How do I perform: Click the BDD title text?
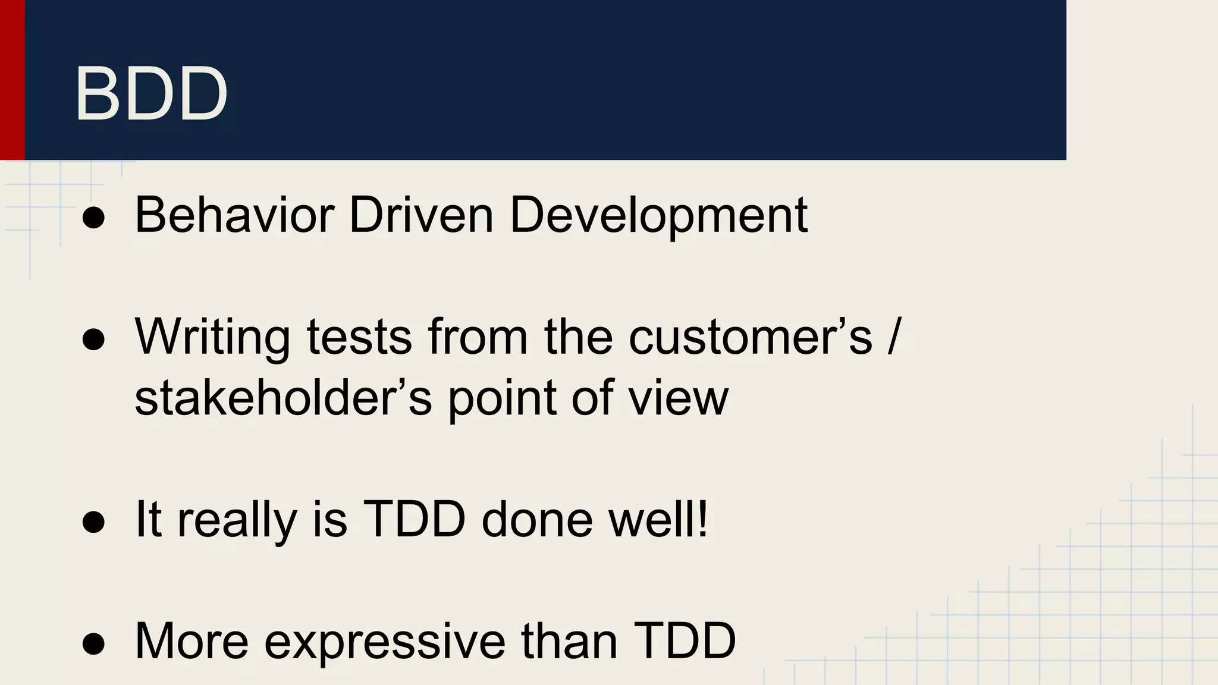click(151, 94)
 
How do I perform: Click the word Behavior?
click(234, 215)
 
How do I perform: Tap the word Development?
click(658, 215)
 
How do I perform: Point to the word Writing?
click(212, 337)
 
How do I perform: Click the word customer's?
click(750, 337)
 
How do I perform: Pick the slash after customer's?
click(893, 337)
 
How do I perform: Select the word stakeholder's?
click(283, 398)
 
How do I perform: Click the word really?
click(237, 520)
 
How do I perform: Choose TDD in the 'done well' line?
click(414, 520)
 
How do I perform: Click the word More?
click(192, 641)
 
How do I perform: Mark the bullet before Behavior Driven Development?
click(94, 218)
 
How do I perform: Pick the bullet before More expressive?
click(94, 645)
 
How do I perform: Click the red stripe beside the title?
click(12, 80)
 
